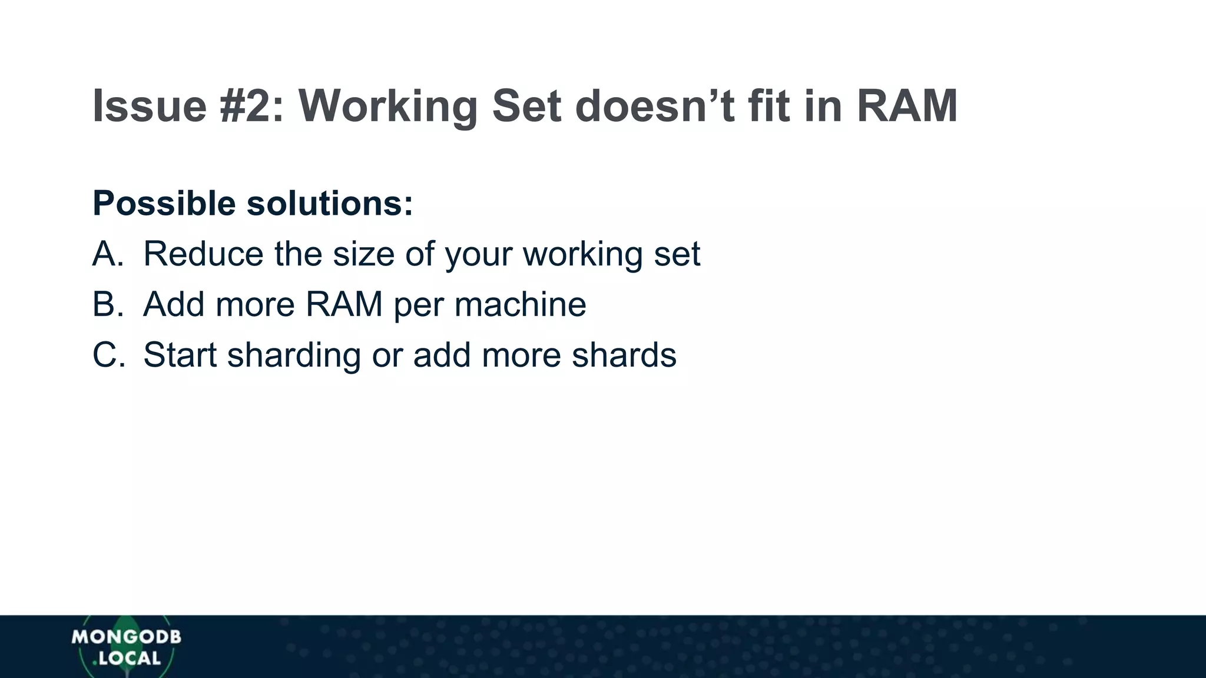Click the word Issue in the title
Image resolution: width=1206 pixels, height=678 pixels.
coord(150,106)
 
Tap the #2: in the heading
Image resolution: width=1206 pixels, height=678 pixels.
coord(252,106)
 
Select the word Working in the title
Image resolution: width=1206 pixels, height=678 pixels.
coord(388,106)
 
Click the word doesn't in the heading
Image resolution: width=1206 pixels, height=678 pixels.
coord(654,106)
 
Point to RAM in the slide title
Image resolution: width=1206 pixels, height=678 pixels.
coord(907,106)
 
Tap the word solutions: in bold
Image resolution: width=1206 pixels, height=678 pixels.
coord(330,204)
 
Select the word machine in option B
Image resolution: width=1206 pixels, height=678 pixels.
coord(520,305)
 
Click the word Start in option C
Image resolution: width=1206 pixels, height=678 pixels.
coord(180,355)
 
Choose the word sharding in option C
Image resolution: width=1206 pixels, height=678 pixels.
coord(294,355)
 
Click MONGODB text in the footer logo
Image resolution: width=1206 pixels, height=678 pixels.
coord(126,637)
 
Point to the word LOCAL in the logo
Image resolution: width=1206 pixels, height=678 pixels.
coord(130,659)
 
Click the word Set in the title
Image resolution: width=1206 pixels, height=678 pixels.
coord(526,106)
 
